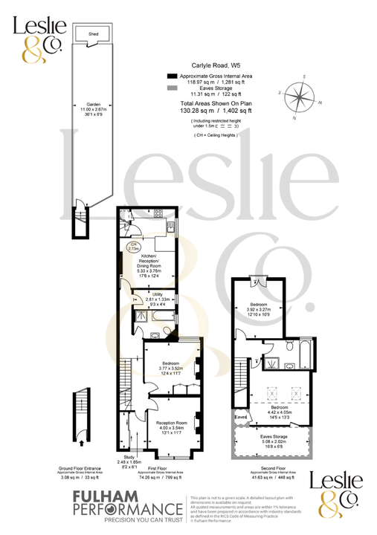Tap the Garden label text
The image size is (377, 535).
tap(94, 104)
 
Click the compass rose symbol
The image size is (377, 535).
tap(300, 97)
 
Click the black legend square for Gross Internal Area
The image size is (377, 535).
tap(172, 77)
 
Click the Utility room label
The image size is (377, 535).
tap(157, 294)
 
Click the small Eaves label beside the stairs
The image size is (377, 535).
tap(240, 418)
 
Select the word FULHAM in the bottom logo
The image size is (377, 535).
tap(103, 496)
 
